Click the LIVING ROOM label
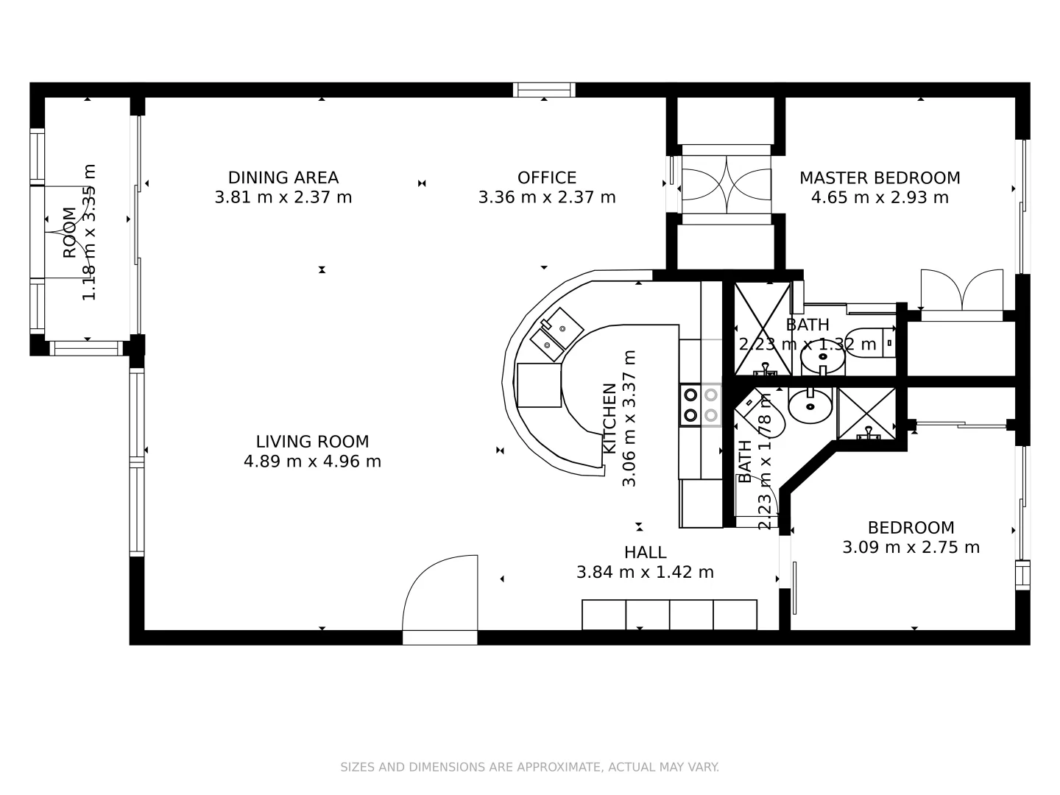pos(312,442)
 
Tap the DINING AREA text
pos(283,177)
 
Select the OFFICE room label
pos(546,177)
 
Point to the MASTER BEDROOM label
pos(880,177)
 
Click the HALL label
pos(645,552)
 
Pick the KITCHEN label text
pos(609,418)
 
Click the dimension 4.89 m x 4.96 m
pos(312,462)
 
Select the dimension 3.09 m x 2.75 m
pos(911,548)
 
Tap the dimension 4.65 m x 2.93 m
pos(880,197)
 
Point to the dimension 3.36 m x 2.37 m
pos(546,197)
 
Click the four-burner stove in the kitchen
pos(700,405)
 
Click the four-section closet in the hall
pos(669,615)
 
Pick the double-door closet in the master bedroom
pos(961,293)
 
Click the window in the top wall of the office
pos(544,90)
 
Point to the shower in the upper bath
pos(762,328)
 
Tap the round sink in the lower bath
pos(810,404)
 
